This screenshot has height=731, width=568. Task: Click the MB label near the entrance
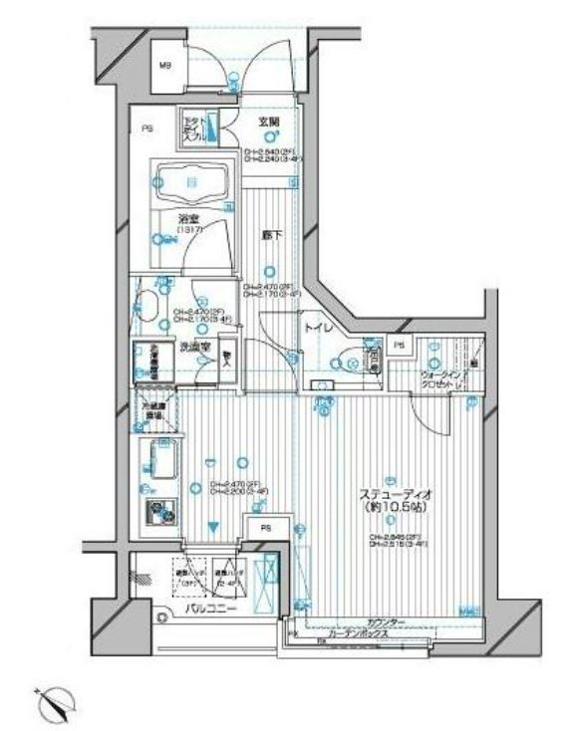165,67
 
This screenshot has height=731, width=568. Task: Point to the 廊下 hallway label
269,236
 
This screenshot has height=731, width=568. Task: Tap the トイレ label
318,326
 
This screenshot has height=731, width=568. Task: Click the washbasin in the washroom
152,303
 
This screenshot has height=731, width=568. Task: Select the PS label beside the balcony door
265,529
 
